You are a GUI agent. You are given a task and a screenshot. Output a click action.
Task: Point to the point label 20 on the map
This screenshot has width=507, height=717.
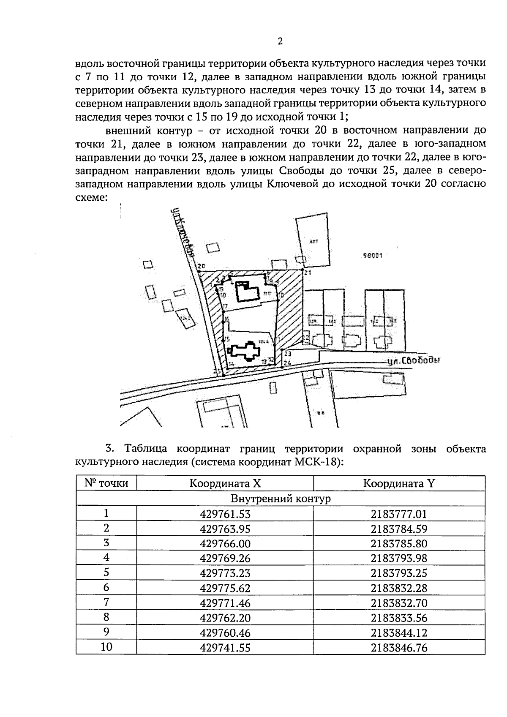[201, 266]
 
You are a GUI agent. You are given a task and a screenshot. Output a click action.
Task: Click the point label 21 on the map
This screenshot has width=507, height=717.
[308, 273]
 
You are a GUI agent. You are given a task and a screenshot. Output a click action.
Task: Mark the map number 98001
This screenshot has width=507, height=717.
[373, 255]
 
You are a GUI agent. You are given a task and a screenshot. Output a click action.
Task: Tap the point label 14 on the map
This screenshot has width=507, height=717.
[231, 363]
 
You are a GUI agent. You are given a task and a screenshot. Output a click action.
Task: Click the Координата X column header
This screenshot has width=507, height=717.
[225, 483]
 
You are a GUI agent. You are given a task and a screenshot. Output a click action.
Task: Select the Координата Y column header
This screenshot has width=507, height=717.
[399, 483]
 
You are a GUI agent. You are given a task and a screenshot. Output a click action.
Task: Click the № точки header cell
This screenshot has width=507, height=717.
[106, 483]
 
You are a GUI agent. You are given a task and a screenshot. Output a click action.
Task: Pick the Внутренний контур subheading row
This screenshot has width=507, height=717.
[281, 499]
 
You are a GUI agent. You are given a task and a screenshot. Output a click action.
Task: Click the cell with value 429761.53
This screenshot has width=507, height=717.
[225, 514]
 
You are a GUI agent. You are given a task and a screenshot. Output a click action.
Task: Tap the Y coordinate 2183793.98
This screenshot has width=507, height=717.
[399, 558]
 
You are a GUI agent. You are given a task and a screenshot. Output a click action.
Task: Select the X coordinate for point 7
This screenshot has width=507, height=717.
[225, 603]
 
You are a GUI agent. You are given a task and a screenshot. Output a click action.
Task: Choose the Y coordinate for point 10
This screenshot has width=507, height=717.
[399, 648]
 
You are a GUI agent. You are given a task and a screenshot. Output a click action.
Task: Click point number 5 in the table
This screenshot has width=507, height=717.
[106, 573]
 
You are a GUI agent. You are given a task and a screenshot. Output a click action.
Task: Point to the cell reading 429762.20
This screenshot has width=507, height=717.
[225, 618]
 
